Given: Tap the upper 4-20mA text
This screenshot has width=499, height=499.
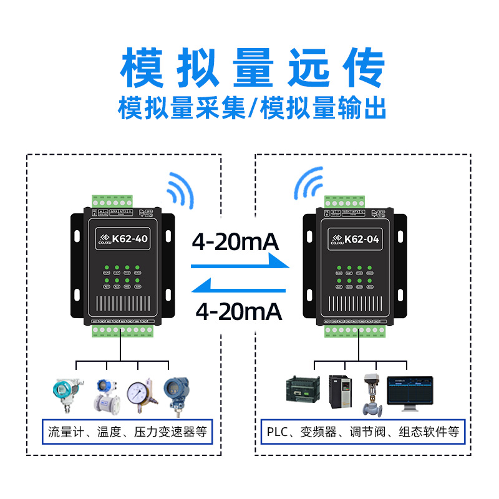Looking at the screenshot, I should pyautogui.click(x=235, y=241).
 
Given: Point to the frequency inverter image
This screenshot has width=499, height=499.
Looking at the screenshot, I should pyautogui.click(x=341, y=391).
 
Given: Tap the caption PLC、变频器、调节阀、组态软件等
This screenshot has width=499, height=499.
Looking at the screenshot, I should pyautogui.click(x=362, y=431).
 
